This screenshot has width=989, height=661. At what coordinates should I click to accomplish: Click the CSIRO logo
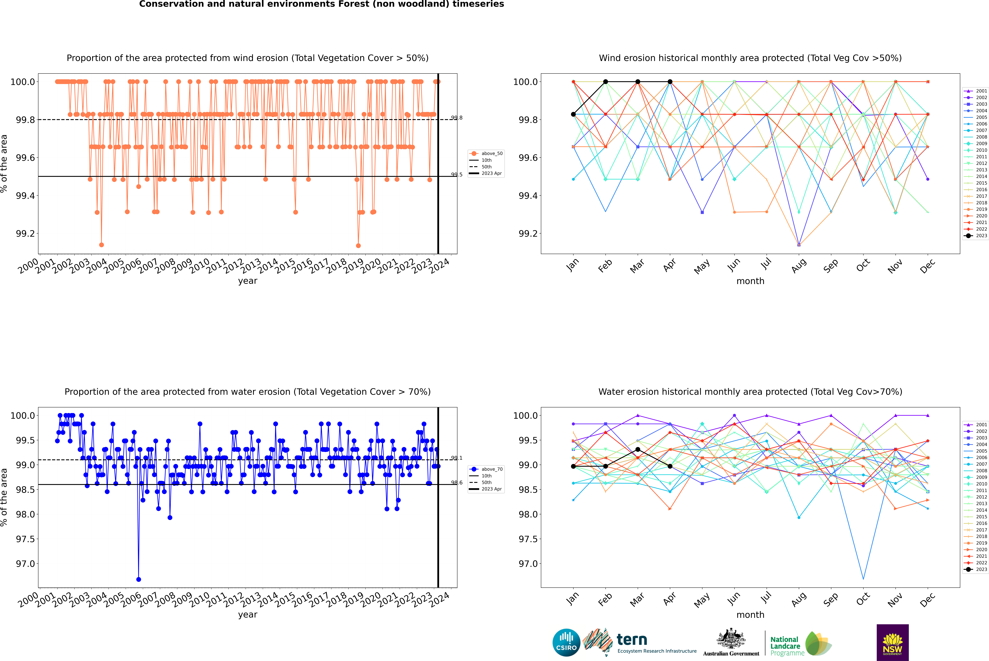point(566,642)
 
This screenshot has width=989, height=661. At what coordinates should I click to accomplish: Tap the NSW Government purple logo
point(892,642)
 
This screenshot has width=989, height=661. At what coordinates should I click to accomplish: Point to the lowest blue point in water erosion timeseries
point(139,579)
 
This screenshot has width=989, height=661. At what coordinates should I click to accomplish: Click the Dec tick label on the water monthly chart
point(927,599)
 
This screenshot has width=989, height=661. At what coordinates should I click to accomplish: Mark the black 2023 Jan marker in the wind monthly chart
point(573,114)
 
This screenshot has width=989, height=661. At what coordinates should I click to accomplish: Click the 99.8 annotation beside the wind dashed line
point(457,118)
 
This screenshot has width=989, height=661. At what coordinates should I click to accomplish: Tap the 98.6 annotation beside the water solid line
point(457,483)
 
